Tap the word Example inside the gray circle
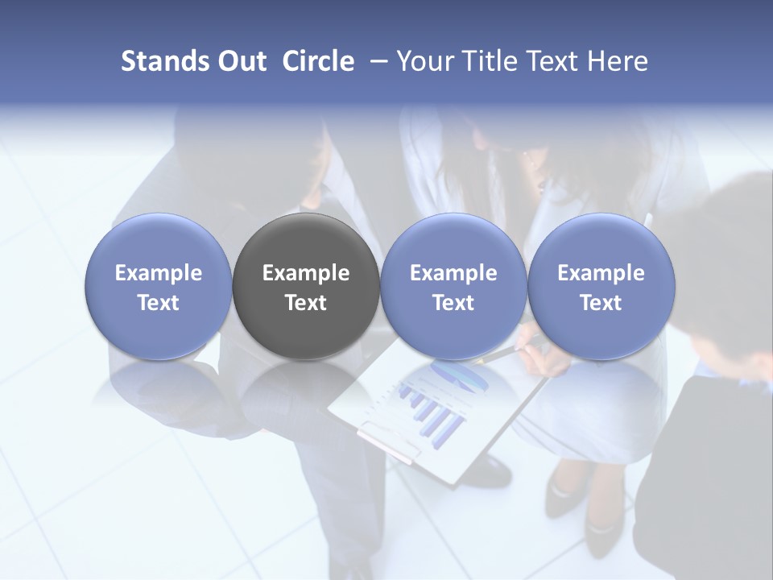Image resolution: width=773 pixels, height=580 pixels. [x=306, y=273]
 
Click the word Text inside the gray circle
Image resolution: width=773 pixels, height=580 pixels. [x=306, y=303]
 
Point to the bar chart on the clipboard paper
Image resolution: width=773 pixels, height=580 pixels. [x=431, y=411]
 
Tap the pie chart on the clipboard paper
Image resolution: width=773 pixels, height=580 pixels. [x=456, y=375]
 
